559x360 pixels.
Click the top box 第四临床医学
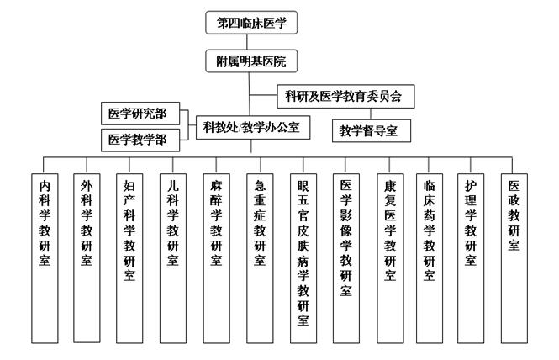(251, 23)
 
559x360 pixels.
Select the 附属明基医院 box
(251, 61)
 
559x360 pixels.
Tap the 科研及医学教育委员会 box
(345, 97)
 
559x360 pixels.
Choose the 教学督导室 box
(372, 131)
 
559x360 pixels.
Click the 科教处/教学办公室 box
(253, 127)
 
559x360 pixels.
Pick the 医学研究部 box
(140, 114)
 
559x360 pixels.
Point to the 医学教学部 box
(140, 140)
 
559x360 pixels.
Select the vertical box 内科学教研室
(45, 258)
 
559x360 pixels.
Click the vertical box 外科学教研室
(87, 258)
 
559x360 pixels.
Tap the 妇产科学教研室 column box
(129, 258)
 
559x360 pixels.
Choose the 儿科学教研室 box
(173, 258)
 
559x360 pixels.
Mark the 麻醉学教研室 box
(216, 258)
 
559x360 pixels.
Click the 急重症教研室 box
(260, 258)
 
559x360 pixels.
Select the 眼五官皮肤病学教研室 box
(303, 258)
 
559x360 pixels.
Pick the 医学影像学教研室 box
(346, 258)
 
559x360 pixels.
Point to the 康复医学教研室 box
(390, 258)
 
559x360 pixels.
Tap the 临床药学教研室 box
(430, 258)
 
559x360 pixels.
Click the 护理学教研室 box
(471, 258)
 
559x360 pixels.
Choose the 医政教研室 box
(514, 258)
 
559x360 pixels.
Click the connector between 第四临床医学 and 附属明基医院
(247, 42)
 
